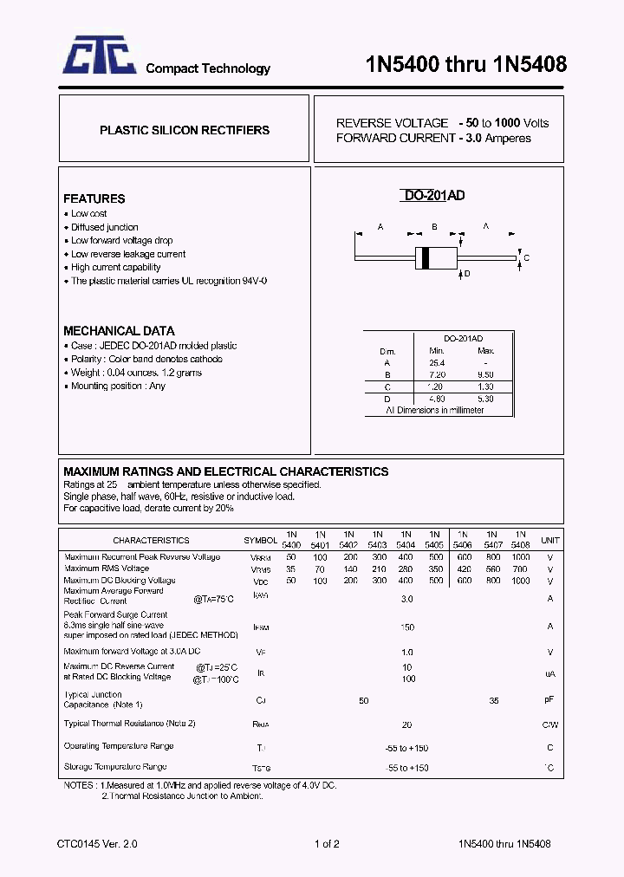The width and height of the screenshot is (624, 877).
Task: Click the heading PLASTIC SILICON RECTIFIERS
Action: click(x=185, y=130)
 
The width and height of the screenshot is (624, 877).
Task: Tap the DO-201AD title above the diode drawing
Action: click(x=434, y=196)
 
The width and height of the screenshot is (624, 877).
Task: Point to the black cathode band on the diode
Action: click(x=426, y=257)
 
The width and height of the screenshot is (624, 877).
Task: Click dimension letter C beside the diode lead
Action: click(x=526, y=258)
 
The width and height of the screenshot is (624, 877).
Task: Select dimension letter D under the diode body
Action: click(x=467, y=275)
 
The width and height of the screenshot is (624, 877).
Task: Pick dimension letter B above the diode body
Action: click(x=433, y=227)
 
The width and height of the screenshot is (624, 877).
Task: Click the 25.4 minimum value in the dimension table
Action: click(x=436, y=362)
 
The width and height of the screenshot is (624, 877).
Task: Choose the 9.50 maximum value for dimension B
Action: click(x=486, y=374)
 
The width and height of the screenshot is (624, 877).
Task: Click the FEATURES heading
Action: click(x=94, y=198)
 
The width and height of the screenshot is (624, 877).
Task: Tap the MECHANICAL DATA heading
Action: click(x=119, y=331)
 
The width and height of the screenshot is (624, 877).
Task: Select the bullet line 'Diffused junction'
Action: click(x=104, y=227)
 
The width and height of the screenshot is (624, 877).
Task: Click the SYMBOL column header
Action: click(x=261, y=540)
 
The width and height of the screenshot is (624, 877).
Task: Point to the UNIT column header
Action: click(x=549, y=540)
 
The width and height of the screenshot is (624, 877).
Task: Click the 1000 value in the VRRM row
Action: click(x=520, y=557)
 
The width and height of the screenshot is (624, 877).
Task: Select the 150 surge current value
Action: click(x=406, y=627)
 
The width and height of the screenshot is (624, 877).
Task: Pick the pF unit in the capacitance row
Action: click(x=549, y=698)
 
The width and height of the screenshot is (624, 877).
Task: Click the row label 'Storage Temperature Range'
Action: click(x=115, y=767)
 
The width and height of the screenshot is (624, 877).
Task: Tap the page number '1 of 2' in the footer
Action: click(x=327, y=843)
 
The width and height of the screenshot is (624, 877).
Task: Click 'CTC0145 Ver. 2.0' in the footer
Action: click(x=97, y=843)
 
